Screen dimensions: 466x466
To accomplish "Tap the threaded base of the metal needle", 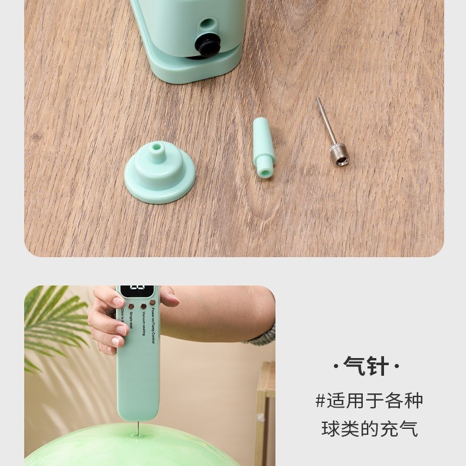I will (x=339, y=156).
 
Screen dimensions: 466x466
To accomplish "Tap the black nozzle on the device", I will (x=208, y=45).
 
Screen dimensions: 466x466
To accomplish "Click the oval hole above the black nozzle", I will (x=207, y=24).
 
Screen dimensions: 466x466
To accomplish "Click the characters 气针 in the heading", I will (x=366, y=366).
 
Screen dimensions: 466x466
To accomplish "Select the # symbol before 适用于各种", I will (x=320, y=402).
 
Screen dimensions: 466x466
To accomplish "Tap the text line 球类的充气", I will (x=369, y=429).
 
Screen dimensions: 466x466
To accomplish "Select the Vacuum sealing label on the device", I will (x=143, y=323).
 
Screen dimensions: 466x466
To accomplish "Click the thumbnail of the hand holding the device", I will (x=149, y=375).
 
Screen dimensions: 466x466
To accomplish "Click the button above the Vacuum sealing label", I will (x=143, y=306).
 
